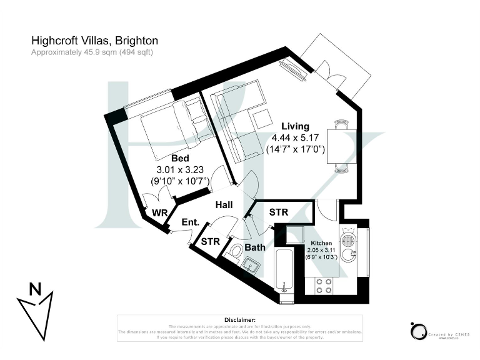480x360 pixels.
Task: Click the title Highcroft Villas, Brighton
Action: click(x=94, y=41)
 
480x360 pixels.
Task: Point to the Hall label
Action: click(x=224, y=205)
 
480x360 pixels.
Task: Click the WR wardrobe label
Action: click(x=159, y=213)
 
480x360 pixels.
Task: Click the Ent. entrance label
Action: click(x=190, y=222)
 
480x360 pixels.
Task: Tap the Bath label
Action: click(x=254, y=247)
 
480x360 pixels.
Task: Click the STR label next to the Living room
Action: click(x=278, y=212)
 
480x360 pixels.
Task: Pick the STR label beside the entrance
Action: click(x=209, y=241)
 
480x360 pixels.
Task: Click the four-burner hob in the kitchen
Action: click(x=323, y=286)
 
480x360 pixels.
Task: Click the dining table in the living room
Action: click(x=342, y=146)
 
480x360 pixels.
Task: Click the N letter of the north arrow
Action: click(x=36, y=289)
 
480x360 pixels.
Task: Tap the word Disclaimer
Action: click(x=239, y=319)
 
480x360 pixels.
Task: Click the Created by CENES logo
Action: click(x=437, y=332)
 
